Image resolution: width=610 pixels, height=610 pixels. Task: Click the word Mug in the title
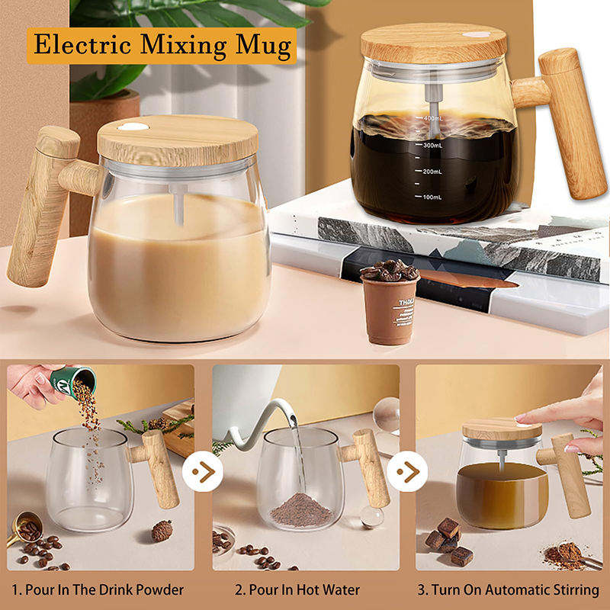[x=262, y=45]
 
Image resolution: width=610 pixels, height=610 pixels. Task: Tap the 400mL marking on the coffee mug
[x=432, y=119]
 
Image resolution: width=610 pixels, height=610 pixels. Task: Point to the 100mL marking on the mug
[x=432, y=197]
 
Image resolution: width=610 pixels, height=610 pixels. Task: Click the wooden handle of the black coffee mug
[x=570, y=122]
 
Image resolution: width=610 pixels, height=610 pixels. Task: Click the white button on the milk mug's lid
[x=136, y=127]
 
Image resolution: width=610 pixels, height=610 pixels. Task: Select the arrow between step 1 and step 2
[x=203, y=472]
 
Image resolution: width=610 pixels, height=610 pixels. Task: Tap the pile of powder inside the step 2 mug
[x=301, y=509]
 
